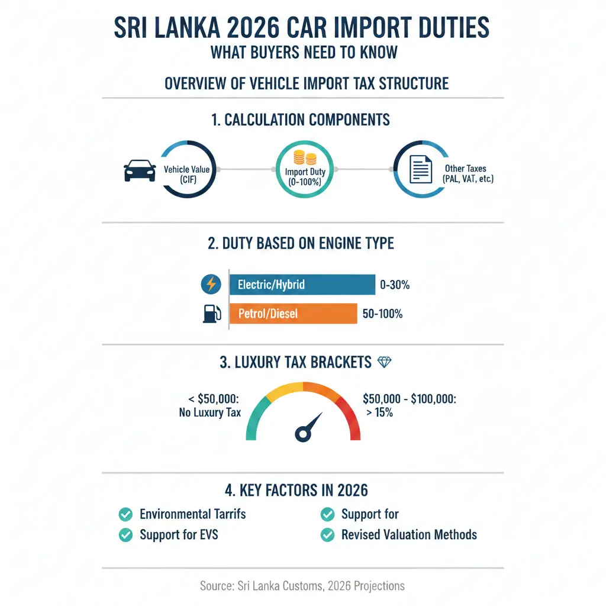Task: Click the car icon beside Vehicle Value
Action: pos(140,170)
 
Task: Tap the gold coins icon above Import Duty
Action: pos(302,158)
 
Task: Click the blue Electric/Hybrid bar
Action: pos(302,285)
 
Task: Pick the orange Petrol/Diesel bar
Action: pos(293,314)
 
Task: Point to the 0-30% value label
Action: pos(395,285)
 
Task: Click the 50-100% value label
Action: pos(382,314)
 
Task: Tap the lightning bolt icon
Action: pos(211,285)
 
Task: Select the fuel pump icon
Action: pos(211,314)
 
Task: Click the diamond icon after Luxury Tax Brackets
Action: pos(385,362)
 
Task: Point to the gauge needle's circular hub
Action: pos(302,435)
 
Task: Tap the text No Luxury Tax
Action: pos(209,412)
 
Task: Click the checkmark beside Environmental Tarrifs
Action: pos(125,514)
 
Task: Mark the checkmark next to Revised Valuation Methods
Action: pos(327,535)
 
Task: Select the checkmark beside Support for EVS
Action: pos(125,535)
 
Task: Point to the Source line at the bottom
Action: pos(302,586)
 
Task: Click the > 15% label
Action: pos(379,412)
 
